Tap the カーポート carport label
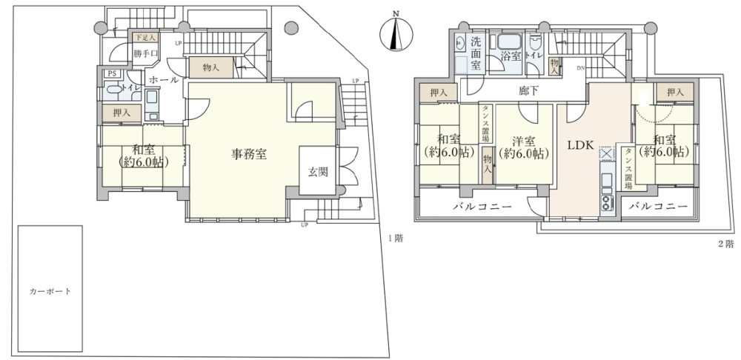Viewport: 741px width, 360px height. coord(50,291)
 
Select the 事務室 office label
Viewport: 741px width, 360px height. coord(249,155)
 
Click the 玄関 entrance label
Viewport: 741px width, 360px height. coord(318,172)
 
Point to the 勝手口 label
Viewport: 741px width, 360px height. coord(146,54)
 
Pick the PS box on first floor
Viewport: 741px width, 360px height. coord(112,73)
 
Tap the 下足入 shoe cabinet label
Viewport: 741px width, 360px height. coord(144,37)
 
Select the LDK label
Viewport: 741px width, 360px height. coord(581,145)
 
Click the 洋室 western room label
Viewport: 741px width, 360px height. coord(523,147)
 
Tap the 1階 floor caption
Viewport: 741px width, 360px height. coord(395,239)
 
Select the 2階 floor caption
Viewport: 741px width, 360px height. coord(725,243)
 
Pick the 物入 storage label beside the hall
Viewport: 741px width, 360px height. coord(210,67)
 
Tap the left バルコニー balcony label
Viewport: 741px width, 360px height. coord(482,207)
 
